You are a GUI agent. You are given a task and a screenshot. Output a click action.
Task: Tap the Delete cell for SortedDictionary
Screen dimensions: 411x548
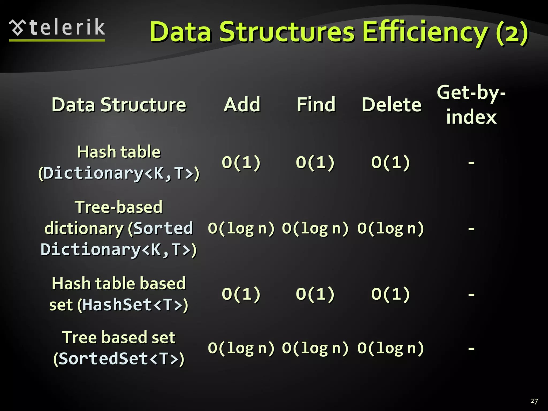tap(391, 228)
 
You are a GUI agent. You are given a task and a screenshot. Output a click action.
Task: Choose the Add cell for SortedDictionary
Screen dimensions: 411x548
tap(241, 228)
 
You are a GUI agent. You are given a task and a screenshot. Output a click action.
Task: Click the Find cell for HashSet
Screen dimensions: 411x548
tap(315, 294)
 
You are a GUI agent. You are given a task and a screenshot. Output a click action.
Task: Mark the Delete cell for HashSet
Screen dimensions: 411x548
tap(391, 294)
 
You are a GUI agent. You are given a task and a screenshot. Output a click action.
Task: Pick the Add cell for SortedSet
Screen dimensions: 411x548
tap(241, 348)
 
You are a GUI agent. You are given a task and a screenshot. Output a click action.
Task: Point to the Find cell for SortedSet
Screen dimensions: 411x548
tap(315, 348)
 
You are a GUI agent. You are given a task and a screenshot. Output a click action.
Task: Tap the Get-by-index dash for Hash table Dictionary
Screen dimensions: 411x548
tap(471, 162)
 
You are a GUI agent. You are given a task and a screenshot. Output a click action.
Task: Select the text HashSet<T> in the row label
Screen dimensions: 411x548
tap(132, 305)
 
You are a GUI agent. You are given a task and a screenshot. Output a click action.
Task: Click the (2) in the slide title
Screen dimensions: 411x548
tap(512, 33)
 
